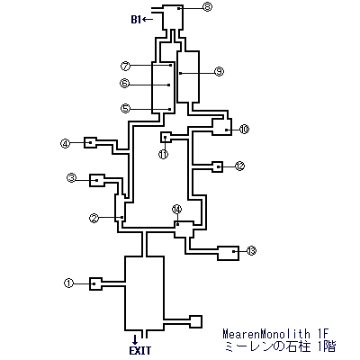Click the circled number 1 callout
pos(69,283)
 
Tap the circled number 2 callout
pos(94,218)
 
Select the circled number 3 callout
pos(72,178)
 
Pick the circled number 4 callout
pos(65,143)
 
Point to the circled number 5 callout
pos(125,108)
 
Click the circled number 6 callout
pos(124,83)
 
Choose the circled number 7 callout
pos(125,66)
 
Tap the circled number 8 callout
pos(207,6)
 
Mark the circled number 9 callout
pos(219,71)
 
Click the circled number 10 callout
pos(244,130)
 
